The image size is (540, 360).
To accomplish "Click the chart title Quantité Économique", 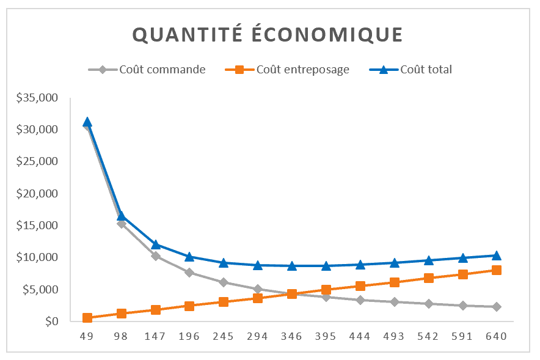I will coord(268,35).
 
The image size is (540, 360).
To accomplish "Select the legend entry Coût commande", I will coord(162,70).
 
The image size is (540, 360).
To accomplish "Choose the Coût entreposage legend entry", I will coord(302,70).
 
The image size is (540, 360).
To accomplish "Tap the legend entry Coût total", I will coord(426,70).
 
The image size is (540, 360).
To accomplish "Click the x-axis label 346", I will coord(292,337).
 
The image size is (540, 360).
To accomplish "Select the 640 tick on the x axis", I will coord(497,337).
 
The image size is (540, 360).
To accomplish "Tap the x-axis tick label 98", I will coord(122,337).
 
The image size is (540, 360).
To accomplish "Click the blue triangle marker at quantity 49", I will coord(87,122).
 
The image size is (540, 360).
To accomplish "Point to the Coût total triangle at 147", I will coord(156,244).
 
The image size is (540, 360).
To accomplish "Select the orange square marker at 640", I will coord(497,270).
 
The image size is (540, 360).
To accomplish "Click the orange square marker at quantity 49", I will coord(87,318).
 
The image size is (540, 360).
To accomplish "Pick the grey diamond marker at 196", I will coord(189,273).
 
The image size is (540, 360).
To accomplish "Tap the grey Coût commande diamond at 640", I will coord(497,307).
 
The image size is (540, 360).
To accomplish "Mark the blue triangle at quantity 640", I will coord(497,255).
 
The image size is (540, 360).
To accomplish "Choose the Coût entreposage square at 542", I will coord(428,278).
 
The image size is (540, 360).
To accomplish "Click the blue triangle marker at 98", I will coord(122,216).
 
